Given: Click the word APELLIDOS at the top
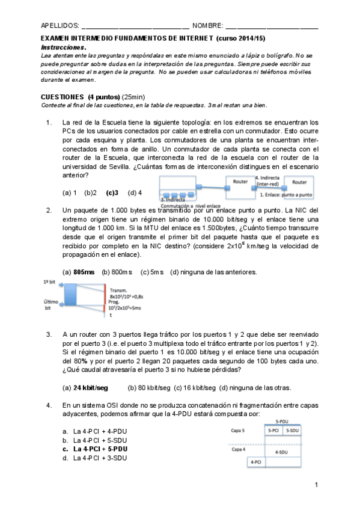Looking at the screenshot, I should click(x=59, y=25).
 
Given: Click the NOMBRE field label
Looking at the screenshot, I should click(x=207, y=25).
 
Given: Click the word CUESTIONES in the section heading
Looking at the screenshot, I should click(x=62, y=97).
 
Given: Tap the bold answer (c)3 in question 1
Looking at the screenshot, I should click(x=112, y=192).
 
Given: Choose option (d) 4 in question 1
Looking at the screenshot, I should click(x=135, y=192).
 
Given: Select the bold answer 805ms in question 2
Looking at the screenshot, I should click(x=84, y=272).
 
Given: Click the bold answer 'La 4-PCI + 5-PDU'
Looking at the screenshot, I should click(x=100, y=449).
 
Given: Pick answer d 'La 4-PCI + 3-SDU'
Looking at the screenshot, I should click(x=100, y=458).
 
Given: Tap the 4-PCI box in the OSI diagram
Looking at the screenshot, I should click(x=256, y=462).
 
